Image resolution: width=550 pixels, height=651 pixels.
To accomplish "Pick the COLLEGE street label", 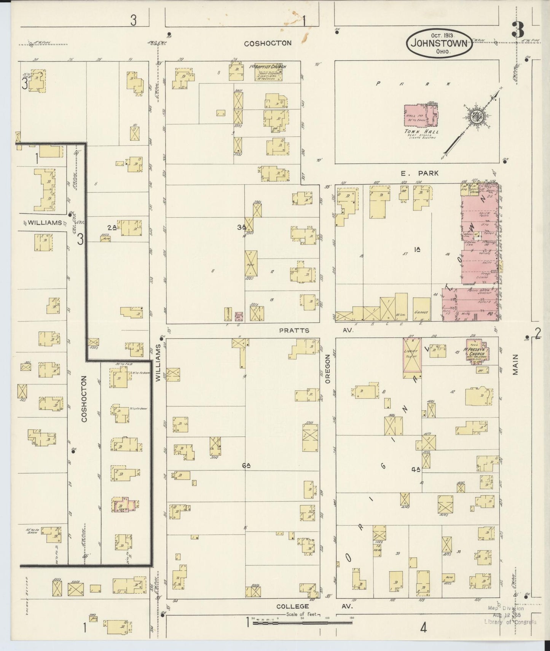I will click(292, 606).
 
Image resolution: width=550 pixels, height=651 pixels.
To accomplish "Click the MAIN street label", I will click(516, 365).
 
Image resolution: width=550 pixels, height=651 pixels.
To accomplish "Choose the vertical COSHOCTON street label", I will click(84, 399).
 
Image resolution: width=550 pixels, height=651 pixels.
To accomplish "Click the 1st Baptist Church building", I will click(269, 72).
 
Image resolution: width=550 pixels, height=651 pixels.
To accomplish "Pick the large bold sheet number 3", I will click(518, 30).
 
